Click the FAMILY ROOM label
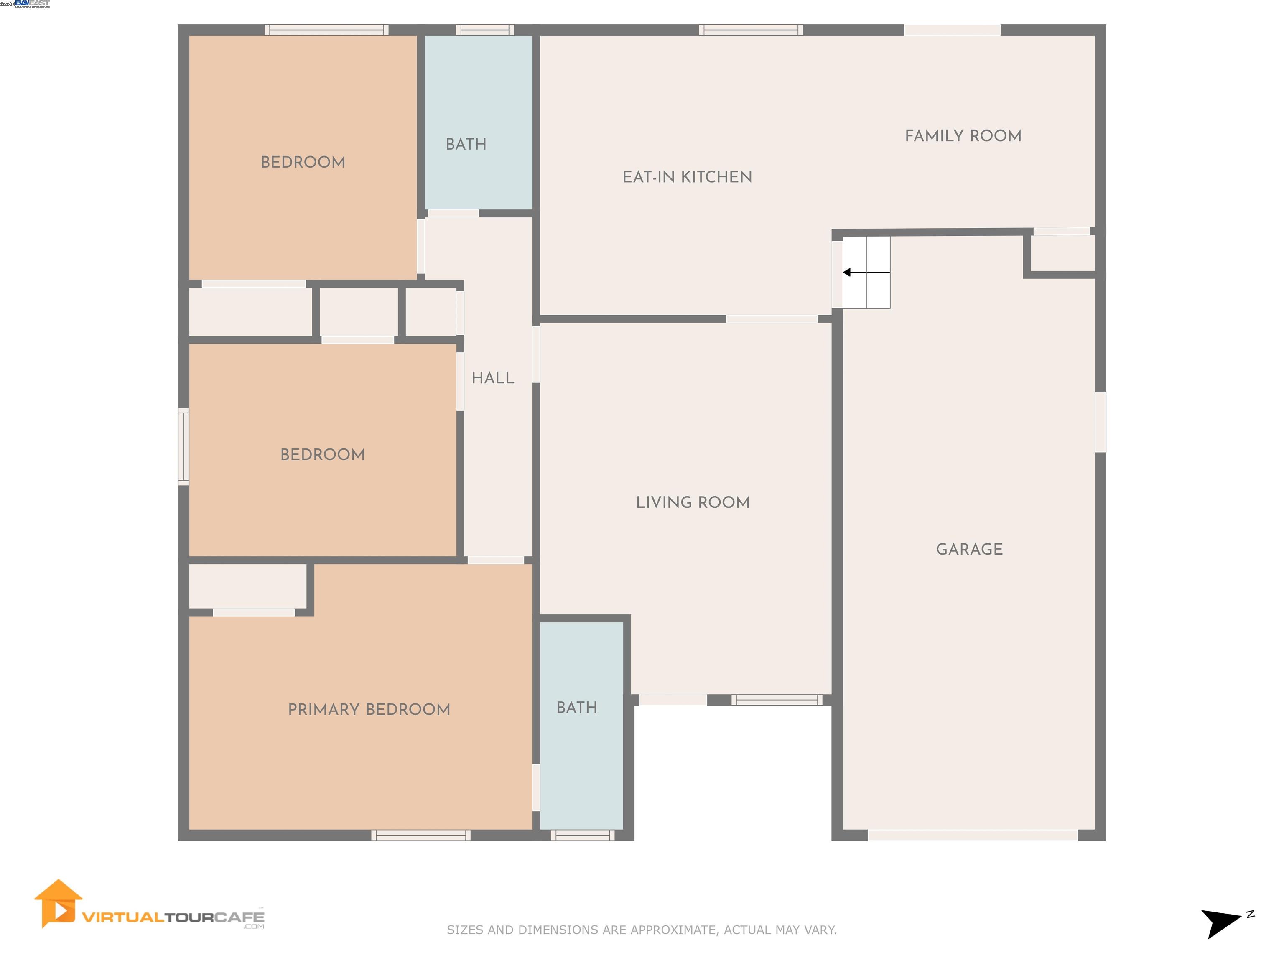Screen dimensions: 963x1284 pos(963,136)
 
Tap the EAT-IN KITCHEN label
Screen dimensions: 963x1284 pos(687,177)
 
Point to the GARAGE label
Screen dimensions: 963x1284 pos(969,549)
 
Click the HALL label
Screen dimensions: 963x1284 pos(492,378)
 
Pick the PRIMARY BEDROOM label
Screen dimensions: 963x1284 pos(369,709)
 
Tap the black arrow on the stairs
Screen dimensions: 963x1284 pos(848,272)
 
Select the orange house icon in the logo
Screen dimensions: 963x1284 pos(57,903)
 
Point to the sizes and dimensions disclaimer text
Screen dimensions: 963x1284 pos(642,930)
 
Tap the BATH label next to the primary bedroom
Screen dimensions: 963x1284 pos(576,708)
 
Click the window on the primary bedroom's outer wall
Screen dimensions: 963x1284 pos(421,835)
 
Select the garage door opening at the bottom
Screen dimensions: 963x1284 pos(972,835)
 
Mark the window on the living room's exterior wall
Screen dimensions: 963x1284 pos(776,700)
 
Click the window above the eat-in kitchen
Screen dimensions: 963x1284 pos(751,30)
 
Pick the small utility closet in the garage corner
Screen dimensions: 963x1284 pos(1062,253)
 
